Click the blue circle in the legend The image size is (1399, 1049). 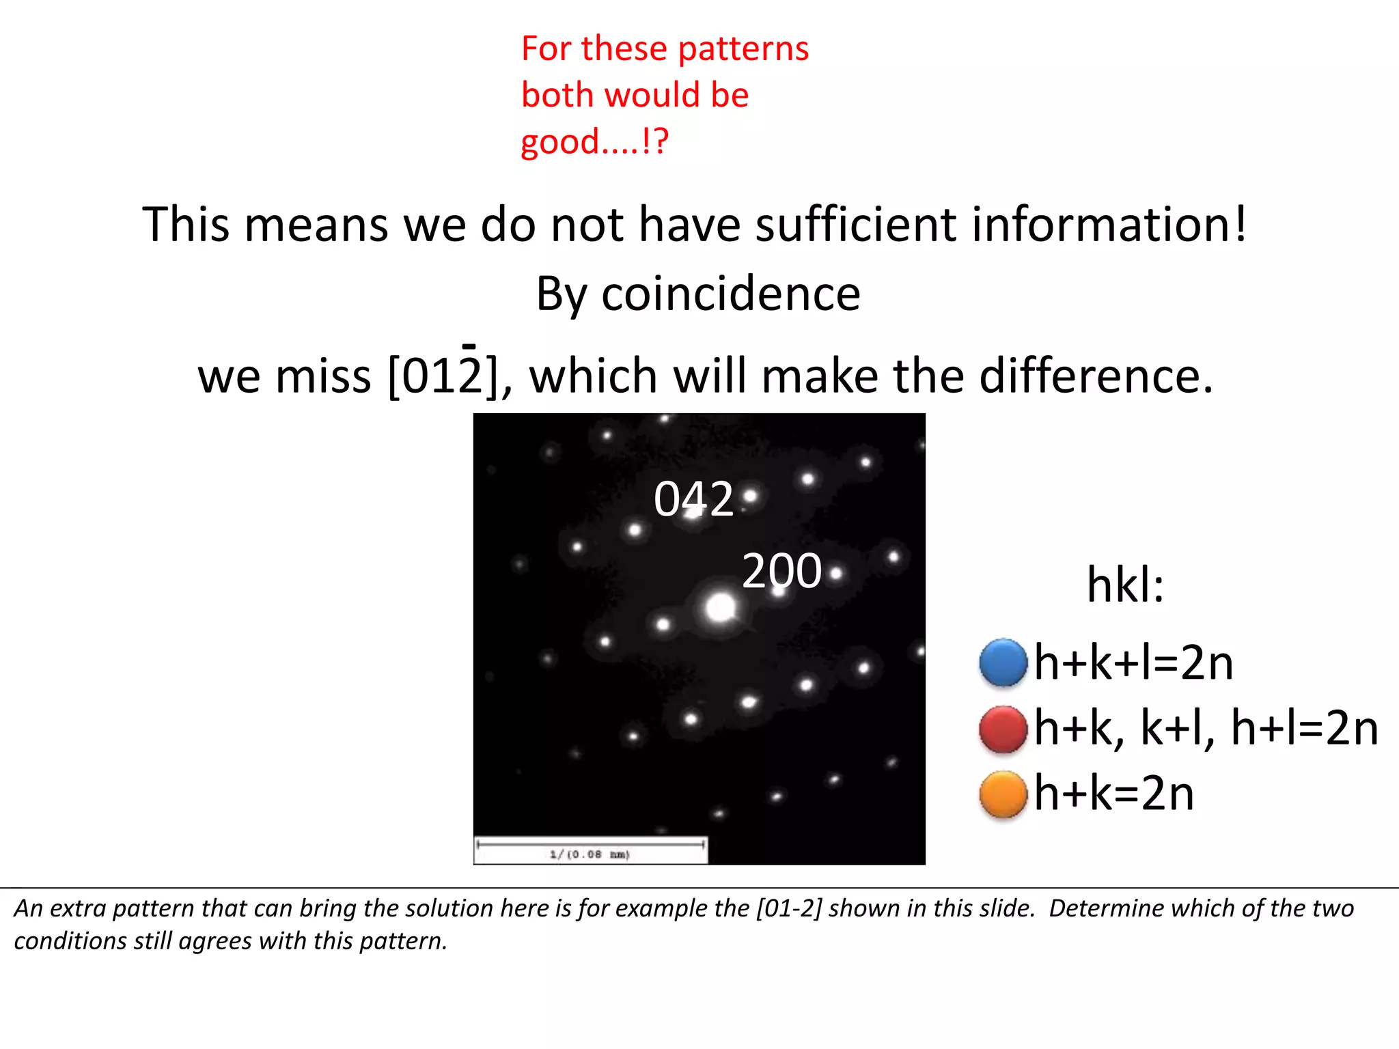coord(1003,662)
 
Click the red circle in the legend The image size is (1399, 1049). coord(1003,729)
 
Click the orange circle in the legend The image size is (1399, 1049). coord(1003,794)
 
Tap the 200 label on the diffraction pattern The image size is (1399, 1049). coord(781,571)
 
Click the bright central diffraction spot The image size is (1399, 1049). coord(720,607)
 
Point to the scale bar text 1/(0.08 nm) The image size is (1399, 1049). coord(590,854)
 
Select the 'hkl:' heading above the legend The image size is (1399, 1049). coord(1125,585)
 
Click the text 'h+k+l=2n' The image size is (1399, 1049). coord(1133,662)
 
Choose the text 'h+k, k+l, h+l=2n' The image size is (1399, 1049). coord(1206,728)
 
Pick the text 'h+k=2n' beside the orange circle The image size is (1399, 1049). coord(1114,794)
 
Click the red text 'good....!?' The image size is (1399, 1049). coord(594,142)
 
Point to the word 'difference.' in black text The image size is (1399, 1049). coord(1096,376)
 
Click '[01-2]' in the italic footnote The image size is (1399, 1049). coord(789,908)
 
